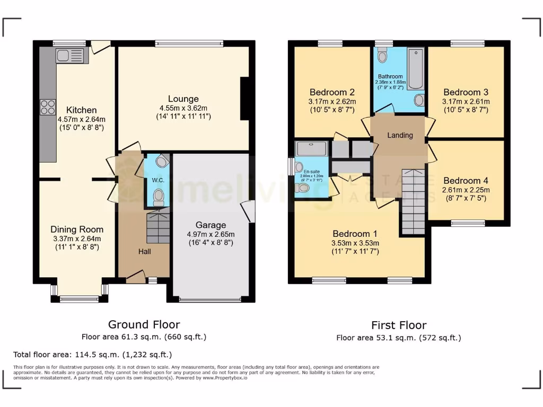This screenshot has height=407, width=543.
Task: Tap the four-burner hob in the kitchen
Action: [48, 107]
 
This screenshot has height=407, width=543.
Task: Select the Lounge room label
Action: [183, 99]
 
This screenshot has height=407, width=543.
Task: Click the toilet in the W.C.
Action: [158, 198]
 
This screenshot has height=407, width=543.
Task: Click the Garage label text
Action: [211, 225]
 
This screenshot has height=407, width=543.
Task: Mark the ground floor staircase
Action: [157, 226]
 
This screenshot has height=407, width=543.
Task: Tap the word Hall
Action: [144, 251]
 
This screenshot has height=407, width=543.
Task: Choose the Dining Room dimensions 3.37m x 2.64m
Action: [77, 238]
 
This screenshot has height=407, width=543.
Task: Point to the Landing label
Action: [400, 135]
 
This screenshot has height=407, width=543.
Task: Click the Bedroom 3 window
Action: [467, 43]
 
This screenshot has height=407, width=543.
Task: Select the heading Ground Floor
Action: [144, 324]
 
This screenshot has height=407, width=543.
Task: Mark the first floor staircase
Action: [413, 201]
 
